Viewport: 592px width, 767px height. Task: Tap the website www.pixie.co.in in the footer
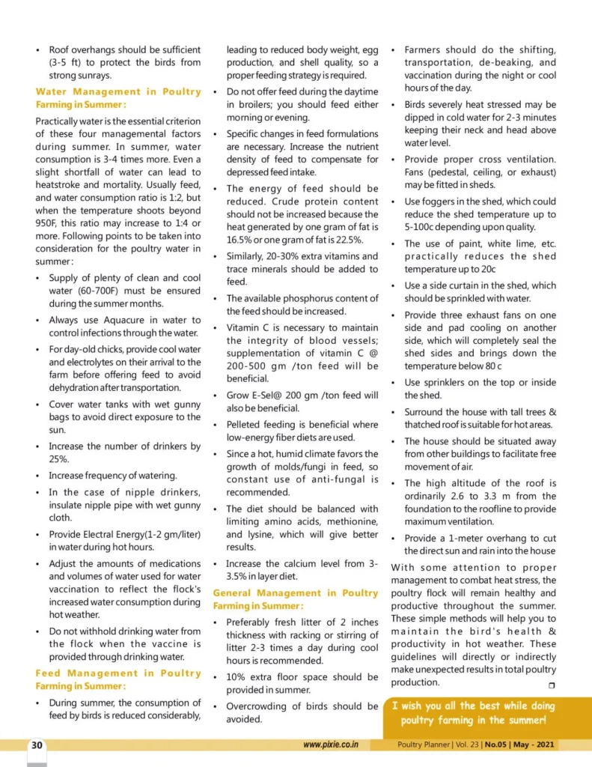click(332, 745)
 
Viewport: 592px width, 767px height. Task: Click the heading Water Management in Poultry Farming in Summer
click(118, 98)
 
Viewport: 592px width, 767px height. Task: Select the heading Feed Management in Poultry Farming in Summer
click(118, 679)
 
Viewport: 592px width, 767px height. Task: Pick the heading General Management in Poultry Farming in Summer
click(296, 599)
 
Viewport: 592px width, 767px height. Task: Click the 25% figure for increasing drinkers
click(59, 459)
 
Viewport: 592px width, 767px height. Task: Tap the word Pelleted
click(246, 425)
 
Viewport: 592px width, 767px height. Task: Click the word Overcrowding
click(262, 706)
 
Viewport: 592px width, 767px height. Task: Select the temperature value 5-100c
click(427, 227)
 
